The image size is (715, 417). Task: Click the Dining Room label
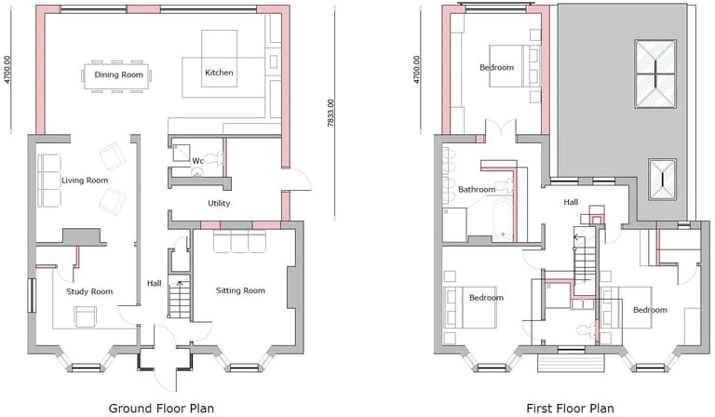(x=118, y=74)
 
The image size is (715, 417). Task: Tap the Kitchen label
(x=219, y=73)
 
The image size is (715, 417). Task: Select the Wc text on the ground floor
(x=197, y=161)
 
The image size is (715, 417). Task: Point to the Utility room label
(x=219, y=203)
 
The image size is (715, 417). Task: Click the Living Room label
(x=85, y=181)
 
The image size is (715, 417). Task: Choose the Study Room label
(x=89, y=291)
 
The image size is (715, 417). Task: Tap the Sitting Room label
(x=240, y=290)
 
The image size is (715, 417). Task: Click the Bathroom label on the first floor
(x=477, y=189)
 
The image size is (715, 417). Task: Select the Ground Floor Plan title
(x=161, y=409)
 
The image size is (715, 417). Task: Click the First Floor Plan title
(x=570, y=409)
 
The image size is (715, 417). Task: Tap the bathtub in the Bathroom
(x=503, y=218)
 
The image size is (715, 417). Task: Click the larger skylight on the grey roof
(x=655, y=74)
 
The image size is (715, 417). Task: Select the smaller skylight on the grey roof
(x=662, y=180)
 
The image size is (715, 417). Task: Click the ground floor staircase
(x=180, y=296)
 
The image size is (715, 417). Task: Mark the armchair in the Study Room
(x=86, y=316)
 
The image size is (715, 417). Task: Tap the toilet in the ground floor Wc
(x=213, y=159)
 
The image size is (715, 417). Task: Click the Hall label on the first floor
(x=571, y=202)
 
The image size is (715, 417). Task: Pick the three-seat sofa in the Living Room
(x=49, y=181)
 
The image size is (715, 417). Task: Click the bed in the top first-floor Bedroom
(x=515, y=66)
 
